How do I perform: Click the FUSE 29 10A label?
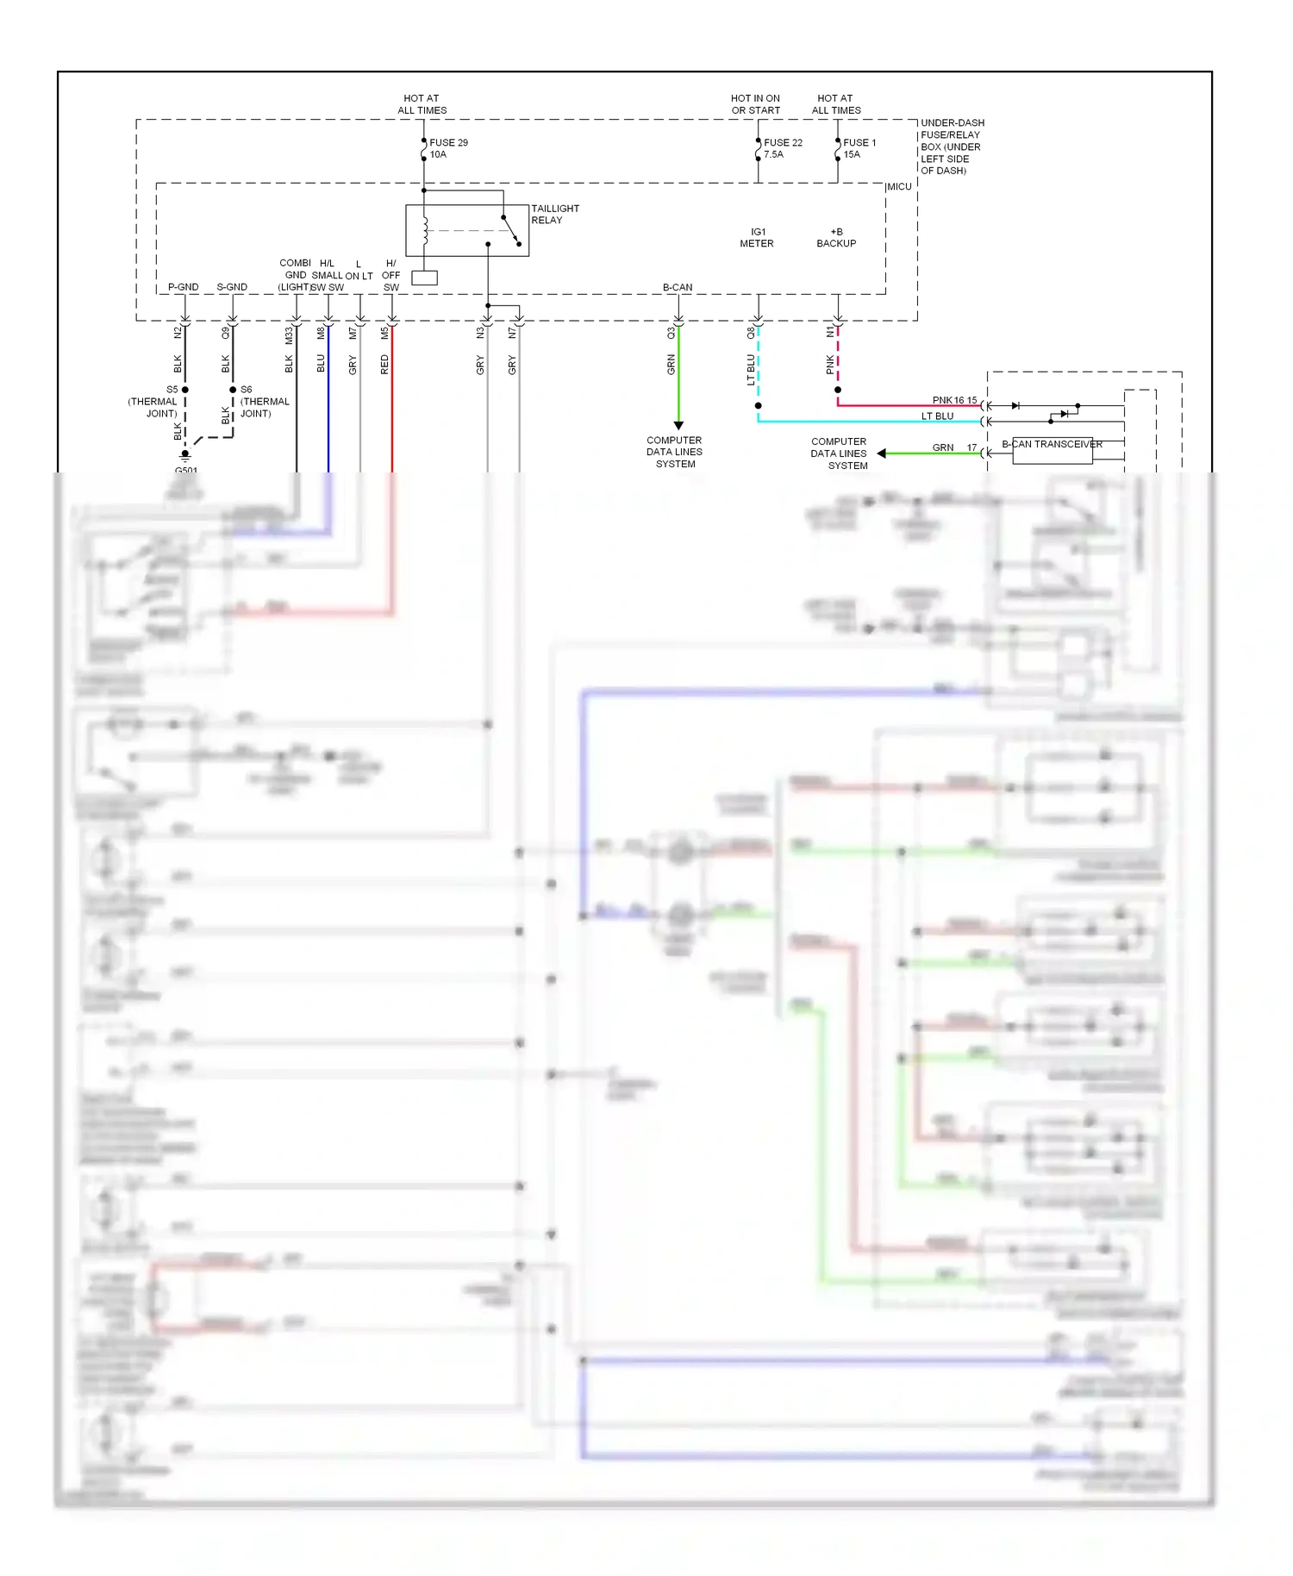tap(448, 148)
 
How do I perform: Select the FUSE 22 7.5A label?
tap(783, 148)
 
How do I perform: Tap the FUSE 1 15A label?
tap(859, 148)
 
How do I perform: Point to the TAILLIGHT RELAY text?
tap(555, 214)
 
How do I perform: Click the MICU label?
tap(899, 187)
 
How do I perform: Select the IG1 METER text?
tap(757, 238)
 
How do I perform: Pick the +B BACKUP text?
tap(836, 238)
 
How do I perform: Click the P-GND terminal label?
tap(183, 287)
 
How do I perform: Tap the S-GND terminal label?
tap(232, 287)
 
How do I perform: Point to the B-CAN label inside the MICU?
tap(678, 287)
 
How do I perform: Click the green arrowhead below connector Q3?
tap(678, 425)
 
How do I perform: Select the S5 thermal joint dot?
tap(185, 390)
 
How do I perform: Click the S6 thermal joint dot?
tap(233, 390)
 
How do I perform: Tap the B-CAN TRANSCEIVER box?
tap(1053, 451)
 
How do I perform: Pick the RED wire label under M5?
tap(384, 365)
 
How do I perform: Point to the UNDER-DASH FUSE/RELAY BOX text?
tap(952, 147)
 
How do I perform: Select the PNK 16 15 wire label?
tap(954, 400)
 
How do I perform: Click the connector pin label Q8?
tap(751, 332)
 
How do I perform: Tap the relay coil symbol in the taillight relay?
tap(425, 230)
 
